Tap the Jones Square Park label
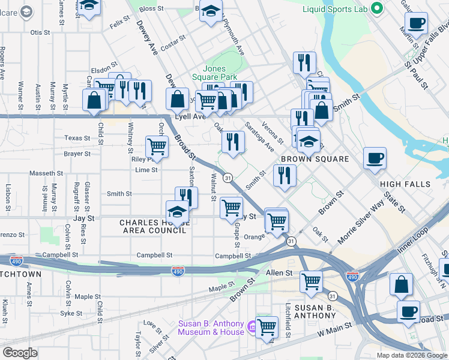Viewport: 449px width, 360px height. [x=214, y=73]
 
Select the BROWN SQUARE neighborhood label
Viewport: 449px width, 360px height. [x=315, y=159]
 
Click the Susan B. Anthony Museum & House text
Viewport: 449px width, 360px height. [x=211, y=328]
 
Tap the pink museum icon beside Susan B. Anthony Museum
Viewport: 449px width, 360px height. [x=252, y=328]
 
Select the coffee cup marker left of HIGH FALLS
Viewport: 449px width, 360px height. [x=375, y=158]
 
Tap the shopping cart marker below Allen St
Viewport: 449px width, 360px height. [x=311, y=280]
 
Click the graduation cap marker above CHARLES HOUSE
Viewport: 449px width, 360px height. [x=177, y=212]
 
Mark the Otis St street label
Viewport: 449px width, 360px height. [x=40, y=32]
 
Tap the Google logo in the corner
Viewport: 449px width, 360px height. [x=20, y=353]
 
